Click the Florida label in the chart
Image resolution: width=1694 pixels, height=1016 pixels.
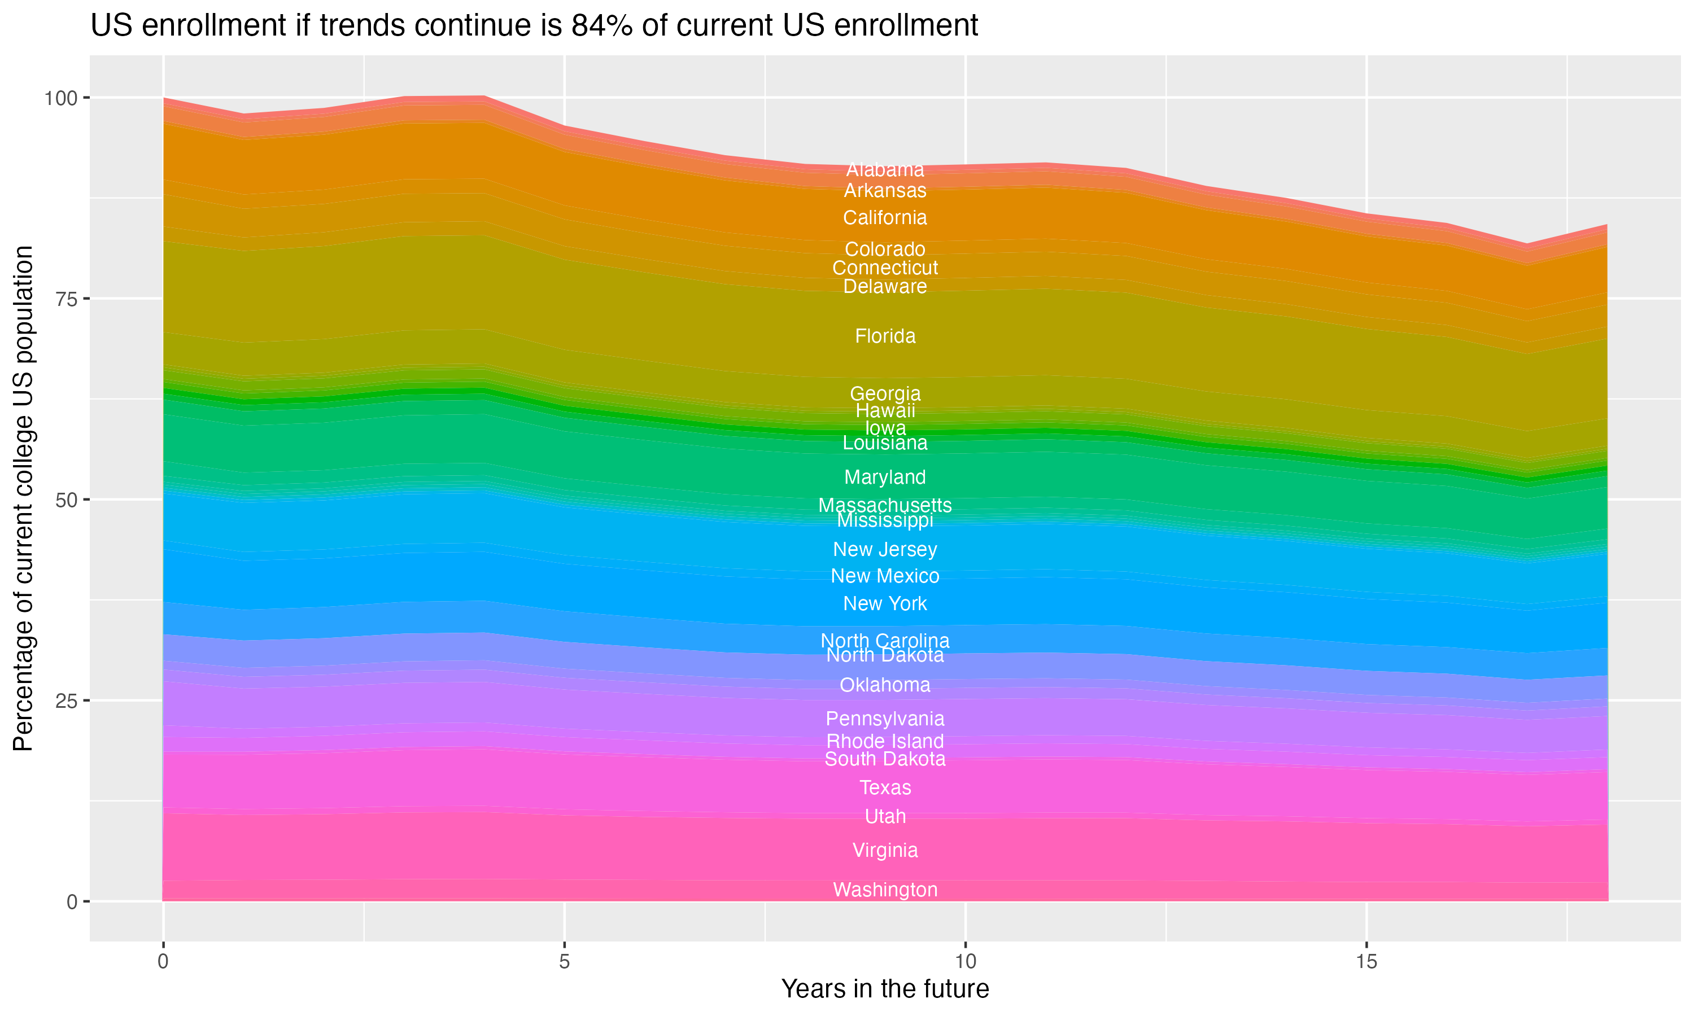(885, 336)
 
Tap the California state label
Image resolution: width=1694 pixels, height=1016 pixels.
(885, 218)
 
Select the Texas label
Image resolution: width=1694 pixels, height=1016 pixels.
(885, 787)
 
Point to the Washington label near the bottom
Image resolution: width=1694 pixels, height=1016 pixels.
(885, 890)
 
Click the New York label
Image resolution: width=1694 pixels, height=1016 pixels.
(885, 603)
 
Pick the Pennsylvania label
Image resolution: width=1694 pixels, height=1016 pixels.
(885, 718)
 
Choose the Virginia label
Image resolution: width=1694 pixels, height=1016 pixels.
(885, 849)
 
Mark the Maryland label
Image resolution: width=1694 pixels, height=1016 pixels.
(885, 476)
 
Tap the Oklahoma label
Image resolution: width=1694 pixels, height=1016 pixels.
(885, 685)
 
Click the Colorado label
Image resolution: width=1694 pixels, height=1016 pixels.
(885, 248)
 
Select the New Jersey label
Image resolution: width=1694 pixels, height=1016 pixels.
(885, 549)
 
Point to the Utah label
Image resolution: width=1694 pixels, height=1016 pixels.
(885, 816)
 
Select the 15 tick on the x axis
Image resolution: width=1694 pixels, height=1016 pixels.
(1366, 962)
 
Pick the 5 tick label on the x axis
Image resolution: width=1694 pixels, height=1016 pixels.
(564, 962)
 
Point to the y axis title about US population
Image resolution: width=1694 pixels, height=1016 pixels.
(23, 498)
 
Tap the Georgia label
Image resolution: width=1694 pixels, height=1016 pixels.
(885, 393)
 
